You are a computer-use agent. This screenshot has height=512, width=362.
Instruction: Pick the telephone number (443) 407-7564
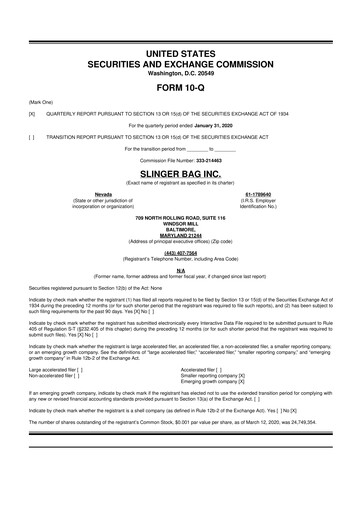point(180,252)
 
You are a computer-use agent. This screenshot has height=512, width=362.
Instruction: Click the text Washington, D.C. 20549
point(180,71)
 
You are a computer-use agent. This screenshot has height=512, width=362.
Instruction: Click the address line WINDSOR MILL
point(180,222)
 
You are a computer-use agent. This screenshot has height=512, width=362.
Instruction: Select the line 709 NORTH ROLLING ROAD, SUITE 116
point(180,216)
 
